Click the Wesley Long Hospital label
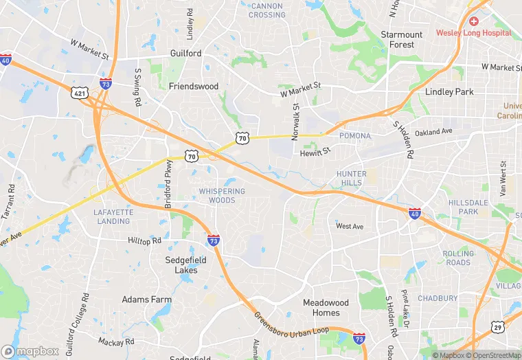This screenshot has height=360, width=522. pyautogui.click(x=474, y=33)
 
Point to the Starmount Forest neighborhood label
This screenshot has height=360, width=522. pyautogui.click(x=402, y=39)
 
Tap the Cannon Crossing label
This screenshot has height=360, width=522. pyautogui.click(x=266, y=10)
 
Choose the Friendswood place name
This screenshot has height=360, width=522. pyautogui.click(x=194, y=87)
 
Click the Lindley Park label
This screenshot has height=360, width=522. pyautogui.click(x=449, y=91)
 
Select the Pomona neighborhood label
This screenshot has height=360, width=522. pyautogui.click(x=355, y=136)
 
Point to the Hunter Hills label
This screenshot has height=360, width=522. pyautogui.click(x=352, y=179)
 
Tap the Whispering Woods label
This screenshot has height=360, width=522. pyautogui.click(x=222, y=196)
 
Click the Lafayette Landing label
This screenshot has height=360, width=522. pyautogui.click(x=113, y=216)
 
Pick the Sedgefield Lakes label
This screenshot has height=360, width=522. pyautogui.click(x=181, y=265)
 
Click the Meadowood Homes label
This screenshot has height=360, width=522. pyautogui.click(x=326, y=307)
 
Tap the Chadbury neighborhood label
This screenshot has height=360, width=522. pyautogui.click(x=438, y=298)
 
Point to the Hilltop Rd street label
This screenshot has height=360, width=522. pyautogui.click(x=144, y=240)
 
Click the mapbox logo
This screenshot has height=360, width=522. pyautogui.click(x=30, y=351)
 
